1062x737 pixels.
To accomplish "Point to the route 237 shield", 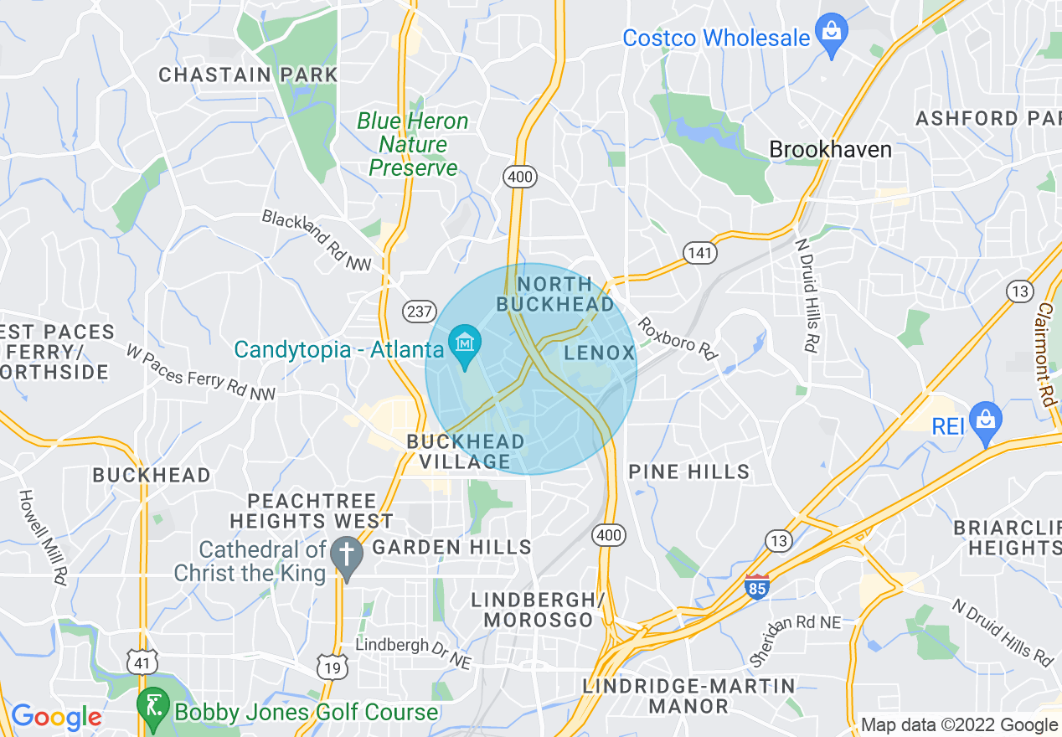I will click(x=419, y=312).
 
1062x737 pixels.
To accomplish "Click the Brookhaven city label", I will click(x=830, y=150).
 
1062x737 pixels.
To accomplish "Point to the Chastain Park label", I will click(x=248, y=75).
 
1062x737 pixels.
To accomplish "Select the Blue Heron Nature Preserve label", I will click(x=413, y=144).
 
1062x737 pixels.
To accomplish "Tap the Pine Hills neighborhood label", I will click(x=689, y=472).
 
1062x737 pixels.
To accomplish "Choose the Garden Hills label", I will click(x=451, y=548).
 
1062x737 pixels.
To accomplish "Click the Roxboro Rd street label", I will click(x=678, y=338).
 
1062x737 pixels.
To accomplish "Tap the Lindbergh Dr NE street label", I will click(x=414, y=653).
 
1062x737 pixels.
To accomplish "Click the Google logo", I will click(x=56, y=717).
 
